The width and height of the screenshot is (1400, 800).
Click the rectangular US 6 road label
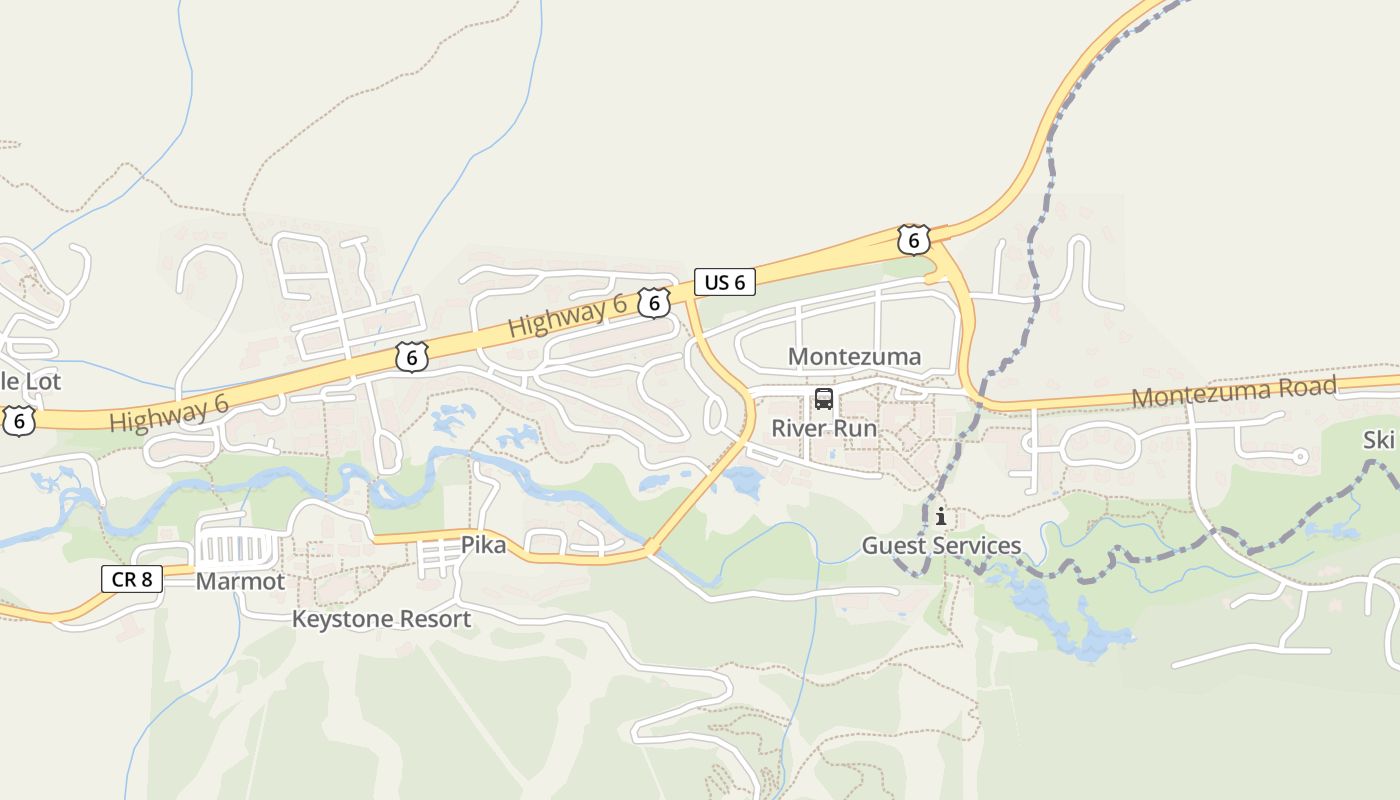coord(725,282)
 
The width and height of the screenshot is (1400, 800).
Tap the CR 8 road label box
coord(131,578)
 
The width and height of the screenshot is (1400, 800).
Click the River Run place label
coord(824,429)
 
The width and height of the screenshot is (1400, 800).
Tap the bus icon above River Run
coord(824,399)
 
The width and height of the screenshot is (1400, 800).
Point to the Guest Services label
coord(941,546)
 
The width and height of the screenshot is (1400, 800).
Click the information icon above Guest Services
coord(941,516)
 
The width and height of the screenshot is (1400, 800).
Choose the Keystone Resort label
coord(381,619)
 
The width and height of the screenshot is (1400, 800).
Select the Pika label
coord(483,545)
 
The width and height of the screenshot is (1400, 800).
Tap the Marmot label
coord(240,581)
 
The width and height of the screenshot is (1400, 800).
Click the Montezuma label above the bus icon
coord(854,357)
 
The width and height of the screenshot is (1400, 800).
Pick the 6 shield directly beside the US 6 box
coord(654,302)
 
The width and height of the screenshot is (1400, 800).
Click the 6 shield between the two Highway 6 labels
coord(411,357)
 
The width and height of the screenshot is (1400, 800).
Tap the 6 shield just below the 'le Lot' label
coord(17,421)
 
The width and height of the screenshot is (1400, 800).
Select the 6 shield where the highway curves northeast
coord(913,240)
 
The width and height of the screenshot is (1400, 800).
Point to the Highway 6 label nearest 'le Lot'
coord(169,413)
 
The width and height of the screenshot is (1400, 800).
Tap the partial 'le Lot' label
coord(30,381)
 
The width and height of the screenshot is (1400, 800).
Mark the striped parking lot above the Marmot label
coord(237,548)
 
